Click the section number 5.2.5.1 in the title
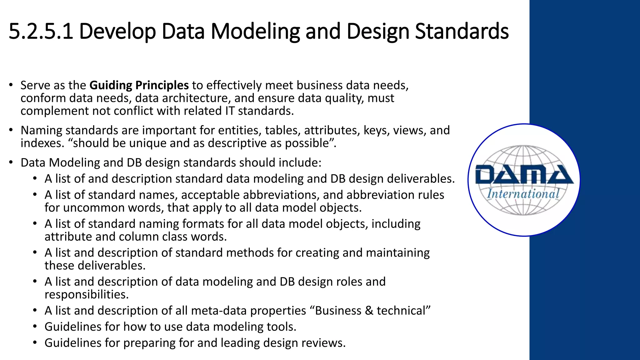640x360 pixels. point(41,31)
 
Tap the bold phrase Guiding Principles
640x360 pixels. point(139,85)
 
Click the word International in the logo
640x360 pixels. point(523,194)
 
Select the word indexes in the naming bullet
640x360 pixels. point(42,143)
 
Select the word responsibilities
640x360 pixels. point(87,295)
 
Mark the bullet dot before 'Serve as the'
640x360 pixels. point(11,84)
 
